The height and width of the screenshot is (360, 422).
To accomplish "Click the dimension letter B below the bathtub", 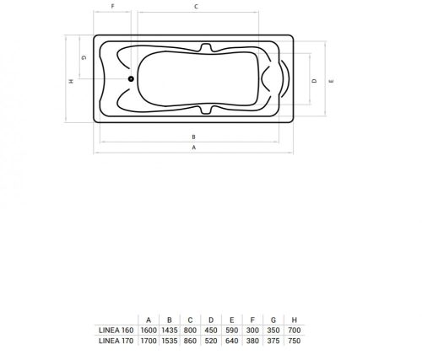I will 193,136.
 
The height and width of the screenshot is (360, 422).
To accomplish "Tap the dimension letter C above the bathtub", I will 195,7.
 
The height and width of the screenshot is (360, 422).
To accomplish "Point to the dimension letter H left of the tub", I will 71,82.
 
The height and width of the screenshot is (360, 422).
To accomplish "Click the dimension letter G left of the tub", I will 83,57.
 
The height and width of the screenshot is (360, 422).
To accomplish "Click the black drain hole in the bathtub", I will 130,81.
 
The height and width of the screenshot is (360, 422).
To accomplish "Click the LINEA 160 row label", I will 115,330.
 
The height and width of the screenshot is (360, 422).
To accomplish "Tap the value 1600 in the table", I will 149,330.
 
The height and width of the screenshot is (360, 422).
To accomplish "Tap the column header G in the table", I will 273,319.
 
